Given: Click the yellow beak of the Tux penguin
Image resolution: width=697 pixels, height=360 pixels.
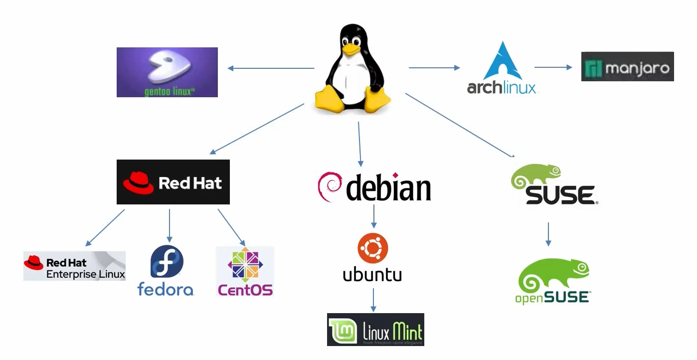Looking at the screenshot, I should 351,48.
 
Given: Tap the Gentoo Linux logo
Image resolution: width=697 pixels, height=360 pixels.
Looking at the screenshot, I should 167,72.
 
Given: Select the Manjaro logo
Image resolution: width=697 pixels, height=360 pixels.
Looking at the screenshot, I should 627,66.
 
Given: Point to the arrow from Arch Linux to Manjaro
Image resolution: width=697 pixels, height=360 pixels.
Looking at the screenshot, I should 553,67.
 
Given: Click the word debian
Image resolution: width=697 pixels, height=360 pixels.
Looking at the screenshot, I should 388,187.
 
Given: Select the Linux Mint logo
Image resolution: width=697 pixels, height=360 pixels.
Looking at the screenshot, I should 375,330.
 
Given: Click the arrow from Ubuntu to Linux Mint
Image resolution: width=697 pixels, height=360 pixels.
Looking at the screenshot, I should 373,300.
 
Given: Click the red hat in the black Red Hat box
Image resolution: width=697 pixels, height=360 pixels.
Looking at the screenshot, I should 139,182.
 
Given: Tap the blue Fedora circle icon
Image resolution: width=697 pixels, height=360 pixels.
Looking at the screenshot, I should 167,262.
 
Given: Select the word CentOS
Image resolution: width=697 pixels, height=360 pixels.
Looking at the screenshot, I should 245,289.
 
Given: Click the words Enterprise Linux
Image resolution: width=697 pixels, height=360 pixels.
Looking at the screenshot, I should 85,274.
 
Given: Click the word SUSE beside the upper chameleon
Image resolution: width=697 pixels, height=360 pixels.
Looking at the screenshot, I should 560,195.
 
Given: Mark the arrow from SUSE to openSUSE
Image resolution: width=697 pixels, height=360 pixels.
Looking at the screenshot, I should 548,234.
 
